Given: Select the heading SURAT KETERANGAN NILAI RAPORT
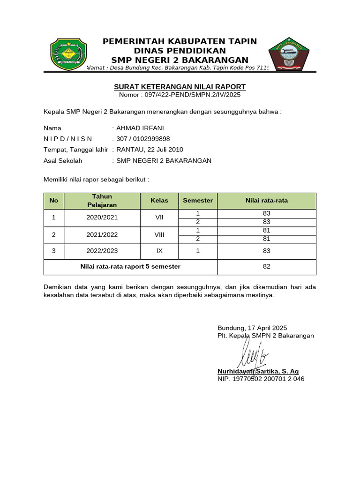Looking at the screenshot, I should click(x=180, y=87).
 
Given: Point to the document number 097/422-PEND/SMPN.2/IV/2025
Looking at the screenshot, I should click(x=180, y=95).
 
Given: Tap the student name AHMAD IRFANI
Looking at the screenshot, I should click(x=140, y=128).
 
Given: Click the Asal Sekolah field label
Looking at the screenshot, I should click(x=63, y=160).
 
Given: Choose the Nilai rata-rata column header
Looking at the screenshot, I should click(x=266, y=201).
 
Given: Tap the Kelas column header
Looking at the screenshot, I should click(x=159, y=201).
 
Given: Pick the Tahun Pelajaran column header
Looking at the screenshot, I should click(x=102, y=201).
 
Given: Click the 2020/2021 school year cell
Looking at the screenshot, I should click(x=102, y=217).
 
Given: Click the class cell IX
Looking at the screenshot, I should click(x=159, y=251).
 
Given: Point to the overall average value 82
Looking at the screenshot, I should click(x=266, y=266).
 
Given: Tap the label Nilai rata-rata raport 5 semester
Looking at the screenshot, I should click(x=130, y=266).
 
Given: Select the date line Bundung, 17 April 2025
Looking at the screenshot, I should click(x=252, y=328).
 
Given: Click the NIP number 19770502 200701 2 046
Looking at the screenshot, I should click(x=261, y=379).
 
